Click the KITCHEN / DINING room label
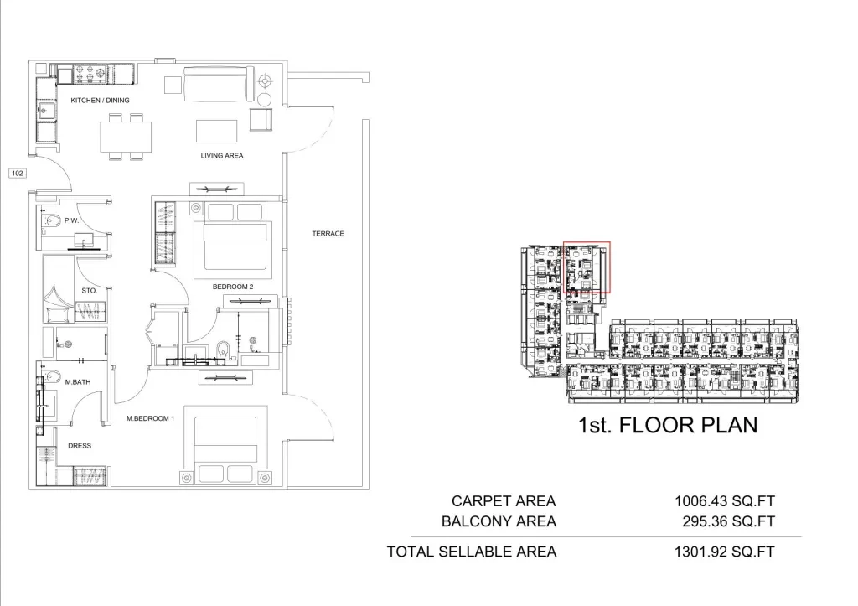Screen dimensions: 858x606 pos(101,101)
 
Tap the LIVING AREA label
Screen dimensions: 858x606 pos(221,155)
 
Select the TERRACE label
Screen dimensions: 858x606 pos(328,233)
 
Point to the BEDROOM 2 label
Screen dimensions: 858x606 pos(233,287)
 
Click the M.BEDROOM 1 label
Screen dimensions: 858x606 pos(151,418)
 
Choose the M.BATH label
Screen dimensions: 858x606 pos(78,382)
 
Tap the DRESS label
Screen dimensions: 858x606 pos(80,446)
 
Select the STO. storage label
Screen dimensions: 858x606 pos(89,291)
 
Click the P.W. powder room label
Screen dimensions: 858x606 pos(72,220)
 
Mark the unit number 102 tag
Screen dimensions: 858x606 pos(18,173)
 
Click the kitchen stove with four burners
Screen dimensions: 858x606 pos(90,74)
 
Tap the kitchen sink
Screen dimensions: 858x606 pos(47,111)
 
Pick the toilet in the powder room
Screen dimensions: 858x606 pos(52,221)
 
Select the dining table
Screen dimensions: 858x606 pos(126,137)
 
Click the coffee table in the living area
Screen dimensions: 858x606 pos(217,131)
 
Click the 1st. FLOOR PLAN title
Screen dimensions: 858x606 pos(668,425)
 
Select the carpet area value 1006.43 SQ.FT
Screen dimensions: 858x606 pos(725,501)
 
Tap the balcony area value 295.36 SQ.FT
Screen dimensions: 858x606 pos(728,521)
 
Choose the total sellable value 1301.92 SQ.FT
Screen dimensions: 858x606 pos(725,552)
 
